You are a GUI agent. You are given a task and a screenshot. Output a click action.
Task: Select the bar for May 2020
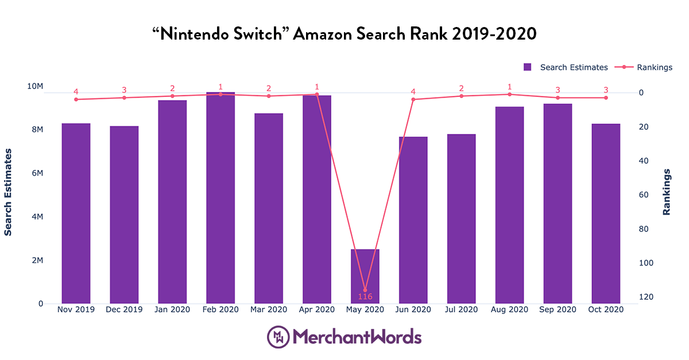(365, 276)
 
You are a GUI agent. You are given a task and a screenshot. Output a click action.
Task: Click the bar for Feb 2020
(220, 198)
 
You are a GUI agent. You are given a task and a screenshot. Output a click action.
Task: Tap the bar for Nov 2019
(76, 213)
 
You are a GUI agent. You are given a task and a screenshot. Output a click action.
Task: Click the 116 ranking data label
(365, 297)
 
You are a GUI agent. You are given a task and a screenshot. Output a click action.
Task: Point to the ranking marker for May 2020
(365, 290)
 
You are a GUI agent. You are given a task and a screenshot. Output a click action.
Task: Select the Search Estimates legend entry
(566, 67)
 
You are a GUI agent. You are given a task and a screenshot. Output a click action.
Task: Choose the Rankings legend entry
(644, 67)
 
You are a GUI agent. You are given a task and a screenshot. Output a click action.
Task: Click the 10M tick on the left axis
(35, 86)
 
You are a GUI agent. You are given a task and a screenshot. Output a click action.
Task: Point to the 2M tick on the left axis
(37, 260)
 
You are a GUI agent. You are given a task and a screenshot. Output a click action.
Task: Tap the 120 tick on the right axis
(646, 297)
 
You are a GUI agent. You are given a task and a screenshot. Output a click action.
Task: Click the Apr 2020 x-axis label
(317, 309)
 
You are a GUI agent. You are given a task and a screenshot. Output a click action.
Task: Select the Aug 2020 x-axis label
(509, 309)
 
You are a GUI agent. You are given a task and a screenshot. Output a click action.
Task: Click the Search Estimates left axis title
(8, 192)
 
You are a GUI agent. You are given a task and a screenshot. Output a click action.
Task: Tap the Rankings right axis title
(667, 192)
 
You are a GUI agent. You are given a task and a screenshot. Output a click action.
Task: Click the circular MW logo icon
(278, 336)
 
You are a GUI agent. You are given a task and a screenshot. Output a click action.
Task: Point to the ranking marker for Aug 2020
(509, 94)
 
